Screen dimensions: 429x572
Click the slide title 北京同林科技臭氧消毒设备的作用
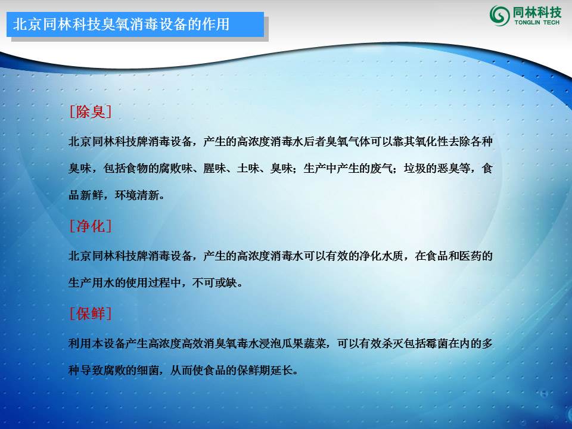click(121, 25)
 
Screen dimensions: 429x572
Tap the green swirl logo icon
click(499, 15)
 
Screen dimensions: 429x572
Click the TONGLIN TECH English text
click(536, 22)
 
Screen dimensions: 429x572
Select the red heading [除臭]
click(91, 111)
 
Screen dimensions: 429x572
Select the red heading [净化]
click(91, 226)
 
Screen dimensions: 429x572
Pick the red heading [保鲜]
click(91, 313)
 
